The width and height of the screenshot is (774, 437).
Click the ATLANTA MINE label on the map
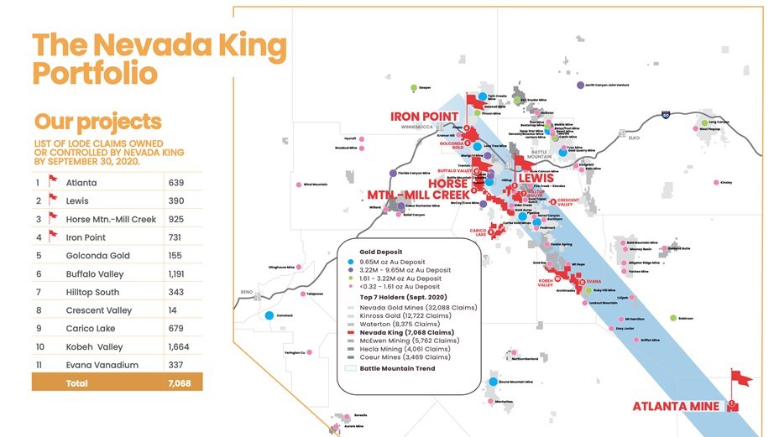[676, 407]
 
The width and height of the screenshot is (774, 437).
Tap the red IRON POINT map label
[424, 116]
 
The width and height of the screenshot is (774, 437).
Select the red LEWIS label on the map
[536, 179]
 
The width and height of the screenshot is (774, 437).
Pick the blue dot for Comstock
[269, 315]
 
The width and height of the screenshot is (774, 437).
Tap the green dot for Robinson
[673, 318]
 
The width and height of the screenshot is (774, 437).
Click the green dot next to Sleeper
[413, 87]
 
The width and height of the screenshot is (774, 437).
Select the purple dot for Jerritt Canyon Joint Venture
[580, 85]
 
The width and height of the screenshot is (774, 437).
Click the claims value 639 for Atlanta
[176, 182]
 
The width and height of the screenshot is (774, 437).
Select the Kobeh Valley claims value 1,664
[179, 347]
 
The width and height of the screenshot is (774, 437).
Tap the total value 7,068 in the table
[179, 382]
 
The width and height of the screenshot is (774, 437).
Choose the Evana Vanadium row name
[99, 365]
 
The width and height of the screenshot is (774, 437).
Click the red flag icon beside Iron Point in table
[53, 237]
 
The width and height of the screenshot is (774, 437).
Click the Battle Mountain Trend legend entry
[398, 368]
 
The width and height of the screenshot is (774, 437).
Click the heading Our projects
[97, 122]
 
